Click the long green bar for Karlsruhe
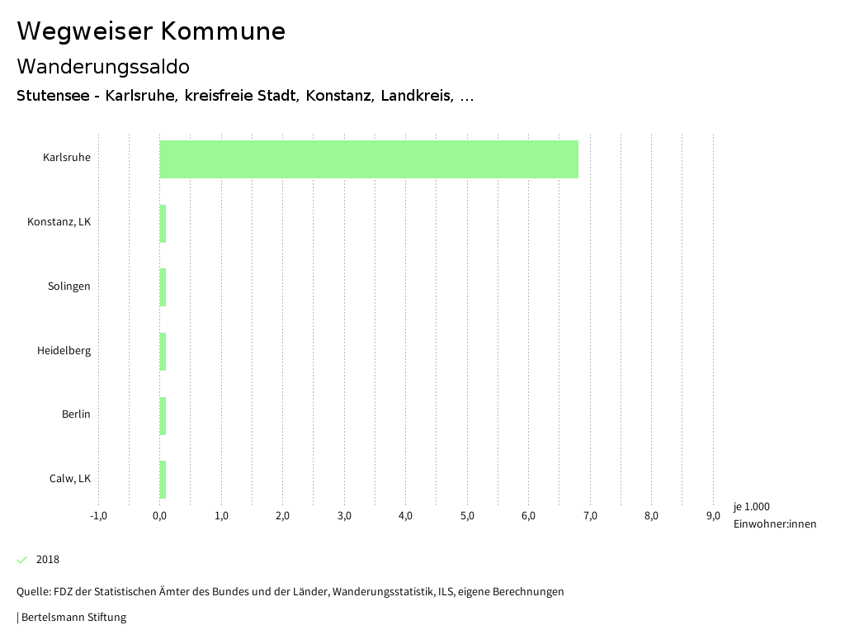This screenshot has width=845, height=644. [369, 159]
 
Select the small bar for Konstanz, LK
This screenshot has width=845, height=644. [163, 223]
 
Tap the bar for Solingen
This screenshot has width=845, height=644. [163, 287]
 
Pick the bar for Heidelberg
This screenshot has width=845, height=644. [163, 351]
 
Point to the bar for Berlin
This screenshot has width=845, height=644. [163, 415]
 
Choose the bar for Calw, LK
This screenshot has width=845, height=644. [163, 479]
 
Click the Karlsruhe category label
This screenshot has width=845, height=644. [67, 158]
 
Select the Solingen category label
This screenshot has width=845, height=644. [69, 286]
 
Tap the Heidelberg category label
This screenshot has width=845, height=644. [64, 351]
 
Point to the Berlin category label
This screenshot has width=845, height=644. [76, 414]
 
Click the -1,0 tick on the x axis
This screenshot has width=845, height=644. [98, 517]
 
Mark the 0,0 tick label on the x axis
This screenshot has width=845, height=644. [160, 517]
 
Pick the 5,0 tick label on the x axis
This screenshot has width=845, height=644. [467, 517]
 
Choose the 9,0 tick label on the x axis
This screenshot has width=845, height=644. [713, 517]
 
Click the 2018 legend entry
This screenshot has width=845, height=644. [48, 560]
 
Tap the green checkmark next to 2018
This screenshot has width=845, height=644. [22, 560]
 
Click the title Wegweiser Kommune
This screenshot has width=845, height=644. [151, 31]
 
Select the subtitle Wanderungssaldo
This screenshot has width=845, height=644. [103, 66]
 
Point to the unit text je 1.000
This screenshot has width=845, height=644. [751, 507]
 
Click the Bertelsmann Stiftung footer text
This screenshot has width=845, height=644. [73, 618]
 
